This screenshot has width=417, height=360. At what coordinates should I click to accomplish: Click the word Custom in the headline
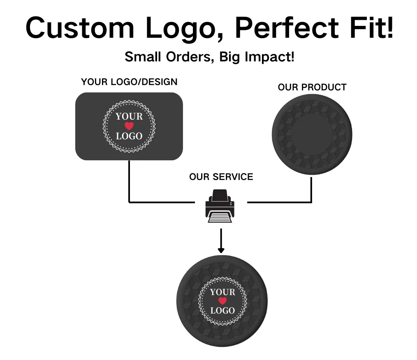click(x=80, y=28)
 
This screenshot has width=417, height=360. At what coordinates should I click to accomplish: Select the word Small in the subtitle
click(x=143, y=57)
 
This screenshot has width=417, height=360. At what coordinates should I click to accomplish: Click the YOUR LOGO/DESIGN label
click(x=129, y=82)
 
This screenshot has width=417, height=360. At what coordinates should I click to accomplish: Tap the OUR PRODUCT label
click(x=312, y=87)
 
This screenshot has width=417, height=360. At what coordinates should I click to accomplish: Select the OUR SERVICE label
click(x=221, y=177)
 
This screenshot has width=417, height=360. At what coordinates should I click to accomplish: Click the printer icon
click(x=220, y=206)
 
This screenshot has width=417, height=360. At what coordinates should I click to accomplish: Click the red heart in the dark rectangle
click(x=129, y=126)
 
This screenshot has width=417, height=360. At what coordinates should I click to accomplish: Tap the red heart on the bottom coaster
click(x=222, y=301)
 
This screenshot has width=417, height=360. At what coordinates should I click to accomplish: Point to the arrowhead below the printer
click(x=221, y=250)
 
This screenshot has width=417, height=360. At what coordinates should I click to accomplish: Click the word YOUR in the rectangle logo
click(x=129, y=116)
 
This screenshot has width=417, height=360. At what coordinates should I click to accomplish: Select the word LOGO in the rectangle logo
click(x=129, y=136)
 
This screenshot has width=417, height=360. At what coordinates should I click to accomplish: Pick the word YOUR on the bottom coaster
click(x=222, y=292)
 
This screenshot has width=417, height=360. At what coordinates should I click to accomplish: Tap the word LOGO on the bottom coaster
click(x=222, y=310)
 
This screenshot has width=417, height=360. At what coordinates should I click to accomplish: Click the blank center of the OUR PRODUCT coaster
click(x=312, y=134)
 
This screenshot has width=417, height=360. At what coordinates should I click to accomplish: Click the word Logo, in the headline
click(x=184, y=29)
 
